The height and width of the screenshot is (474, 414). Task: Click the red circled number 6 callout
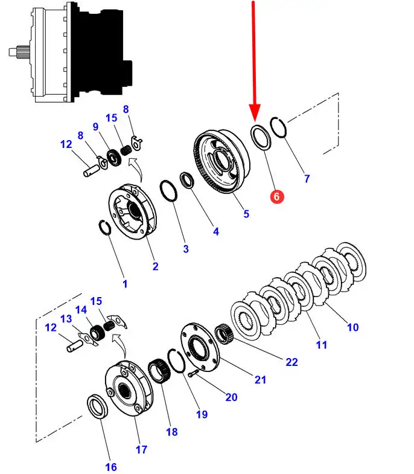pos(277,196)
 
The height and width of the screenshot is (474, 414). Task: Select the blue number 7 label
pos(307,179)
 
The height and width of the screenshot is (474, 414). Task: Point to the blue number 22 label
pos(291,362)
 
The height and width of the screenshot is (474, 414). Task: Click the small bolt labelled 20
pos(193,373)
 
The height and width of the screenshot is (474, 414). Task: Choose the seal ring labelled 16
pos(97,406)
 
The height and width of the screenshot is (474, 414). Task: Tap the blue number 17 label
pos(141,449)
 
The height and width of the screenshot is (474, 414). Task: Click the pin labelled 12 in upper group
pos(91,170)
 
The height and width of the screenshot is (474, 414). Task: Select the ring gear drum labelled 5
pos(222,162)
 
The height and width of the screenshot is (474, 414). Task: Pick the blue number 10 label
pos(353,327)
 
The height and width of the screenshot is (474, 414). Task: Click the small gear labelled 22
pos(224,333)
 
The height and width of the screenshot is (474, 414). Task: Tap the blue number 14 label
pos(81,310)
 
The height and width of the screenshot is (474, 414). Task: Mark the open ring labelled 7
pos(278,127)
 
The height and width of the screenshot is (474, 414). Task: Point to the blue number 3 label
pos(186,249)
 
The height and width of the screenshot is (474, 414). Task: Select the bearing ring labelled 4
pos(187,180)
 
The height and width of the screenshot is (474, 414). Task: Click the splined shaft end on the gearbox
pos(19,52)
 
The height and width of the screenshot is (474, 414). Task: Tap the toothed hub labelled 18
pos(159,370)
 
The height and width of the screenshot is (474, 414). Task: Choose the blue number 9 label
pos(95,126)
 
